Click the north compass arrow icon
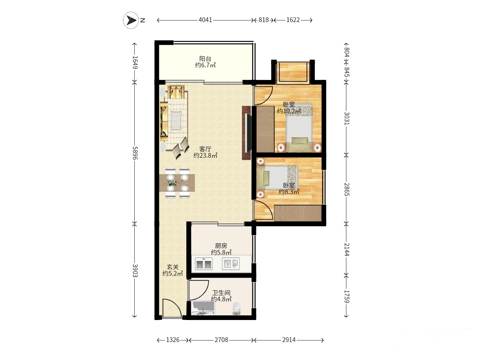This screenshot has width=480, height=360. (131, 20)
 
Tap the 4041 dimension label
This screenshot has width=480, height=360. (205, 20)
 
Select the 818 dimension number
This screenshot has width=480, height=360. (264, 20)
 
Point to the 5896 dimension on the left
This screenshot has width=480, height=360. (135, 153)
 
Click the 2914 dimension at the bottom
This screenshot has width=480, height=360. (289, 340)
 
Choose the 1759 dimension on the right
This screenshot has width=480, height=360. (347, 297)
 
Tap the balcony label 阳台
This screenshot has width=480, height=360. (205, 59)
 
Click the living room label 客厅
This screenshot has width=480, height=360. (205, 149)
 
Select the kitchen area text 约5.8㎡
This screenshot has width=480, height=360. (221, 252)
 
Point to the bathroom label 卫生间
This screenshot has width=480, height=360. (221, 293)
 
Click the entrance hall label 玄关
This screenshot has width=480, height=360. (173, 267)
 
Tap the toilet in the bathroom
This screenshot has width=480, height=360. (236, 308)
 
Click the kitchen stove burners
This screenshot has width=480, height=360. (204, 264)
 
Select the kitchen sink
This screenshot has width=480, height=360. (231, 263)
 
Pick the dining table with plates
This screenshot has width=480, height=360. (177, 183)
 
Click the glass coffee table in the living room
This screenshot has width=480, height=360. (176, 120)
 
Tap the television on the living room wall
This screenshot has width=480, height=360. (247, 133)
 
